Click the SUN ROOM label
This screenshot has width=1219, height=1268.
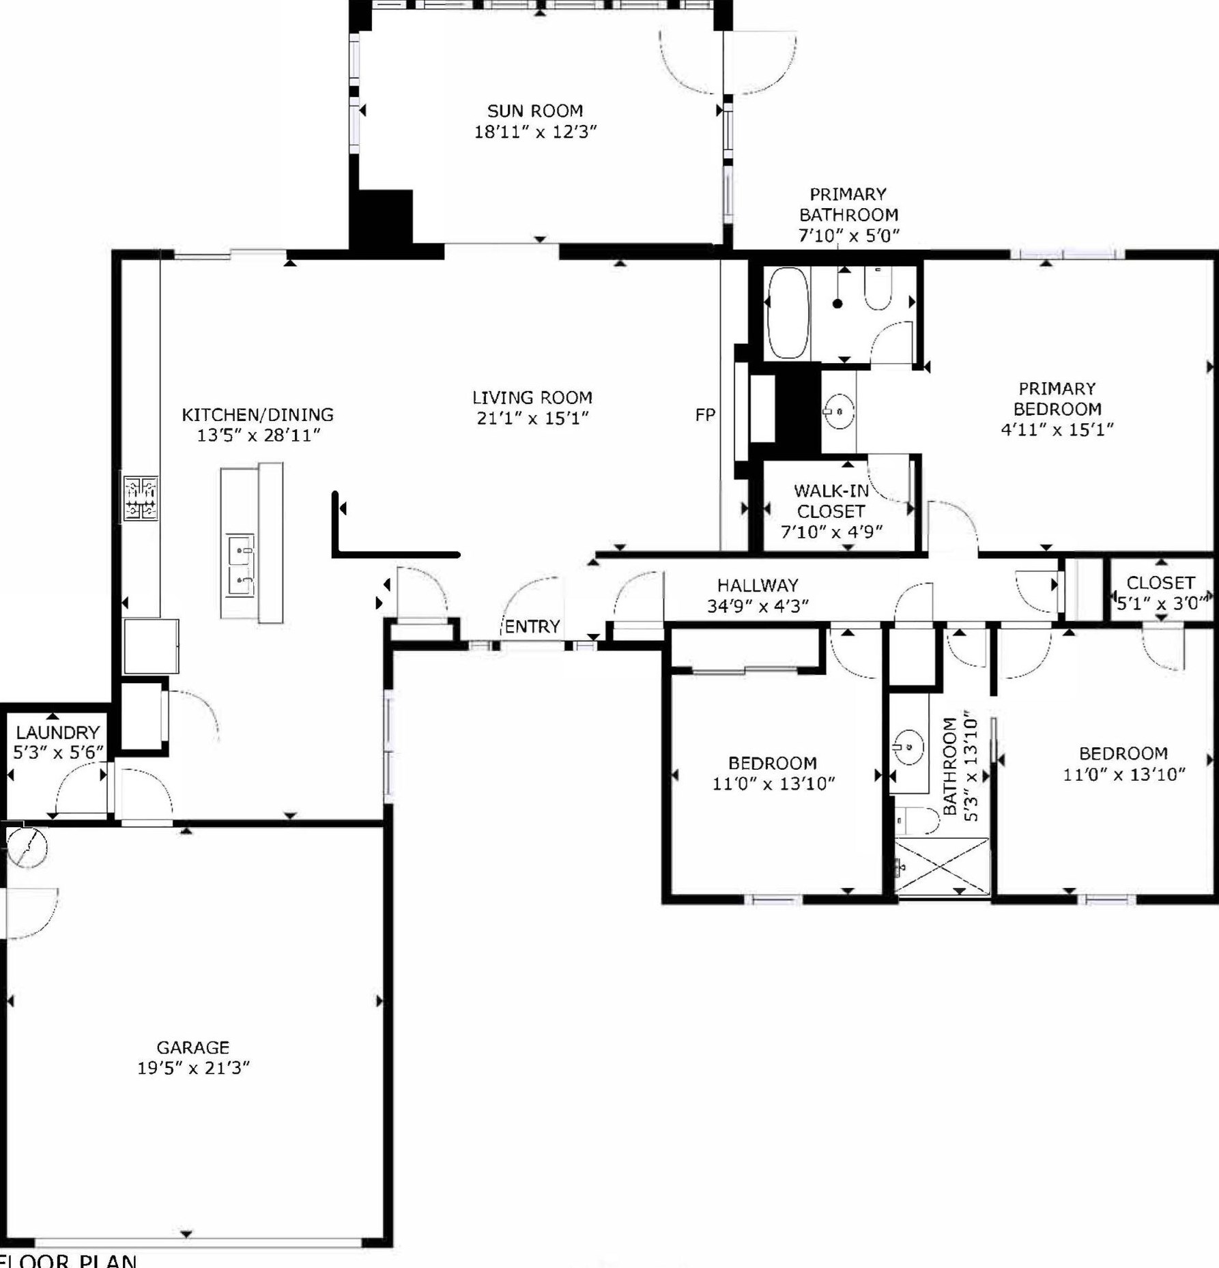click(535, 111)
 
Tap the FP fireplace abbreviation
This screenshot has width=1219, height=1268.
click(705, 414)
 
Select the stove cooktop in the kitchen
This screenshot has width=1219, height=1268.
click(141, 498)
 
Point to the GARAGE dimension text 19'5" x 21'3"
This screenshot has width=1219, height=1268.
click(193, 1067)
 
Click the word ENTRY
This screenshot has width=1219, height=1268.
click(532, 626)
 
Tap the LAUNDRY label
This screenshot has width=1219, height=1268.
click(58, 732)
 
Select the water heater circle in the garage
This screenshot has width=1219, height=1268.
click(27, 848)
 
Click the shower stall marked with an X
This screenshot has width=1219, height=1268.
click(942, 867)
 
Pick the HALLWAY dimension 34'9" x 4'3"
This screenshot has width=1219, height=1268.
click(758, 606)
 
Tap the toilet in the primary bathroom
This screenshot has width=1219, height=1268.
click(878, 288)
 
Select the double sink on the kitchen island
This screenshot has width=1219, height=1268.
click(240, 566)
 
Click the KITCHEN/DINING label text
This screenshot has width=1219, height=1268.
click(258, 414)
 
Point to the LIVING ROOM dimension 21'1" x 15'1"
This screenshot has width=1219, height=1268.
click(532, 418)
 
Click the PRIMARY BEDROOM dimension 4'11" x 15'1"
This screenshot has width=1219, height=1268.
click(1057, 429)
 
